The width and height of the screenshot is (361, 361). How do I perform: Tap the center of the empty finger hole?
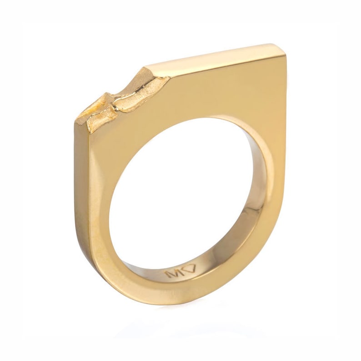[x=182, y=191]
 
